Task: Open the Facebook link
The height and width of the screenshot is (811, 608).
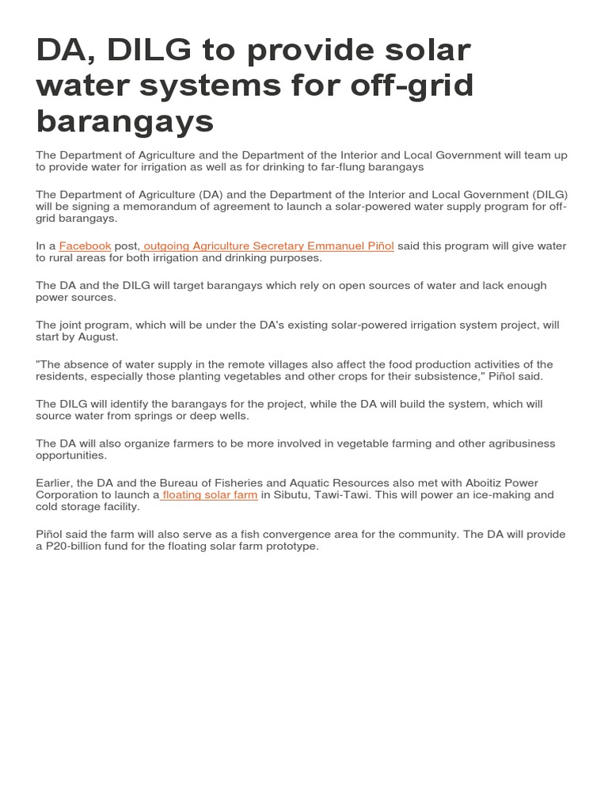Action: pyautogui.click(x=85, y=246)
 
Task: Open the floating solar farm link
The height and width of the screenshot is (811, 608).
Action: pyautogui.click(x=210, y=495)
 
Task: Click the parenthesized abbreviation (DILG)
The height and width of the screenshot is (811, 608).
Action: pyautogui.click(x=548, y=195)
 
